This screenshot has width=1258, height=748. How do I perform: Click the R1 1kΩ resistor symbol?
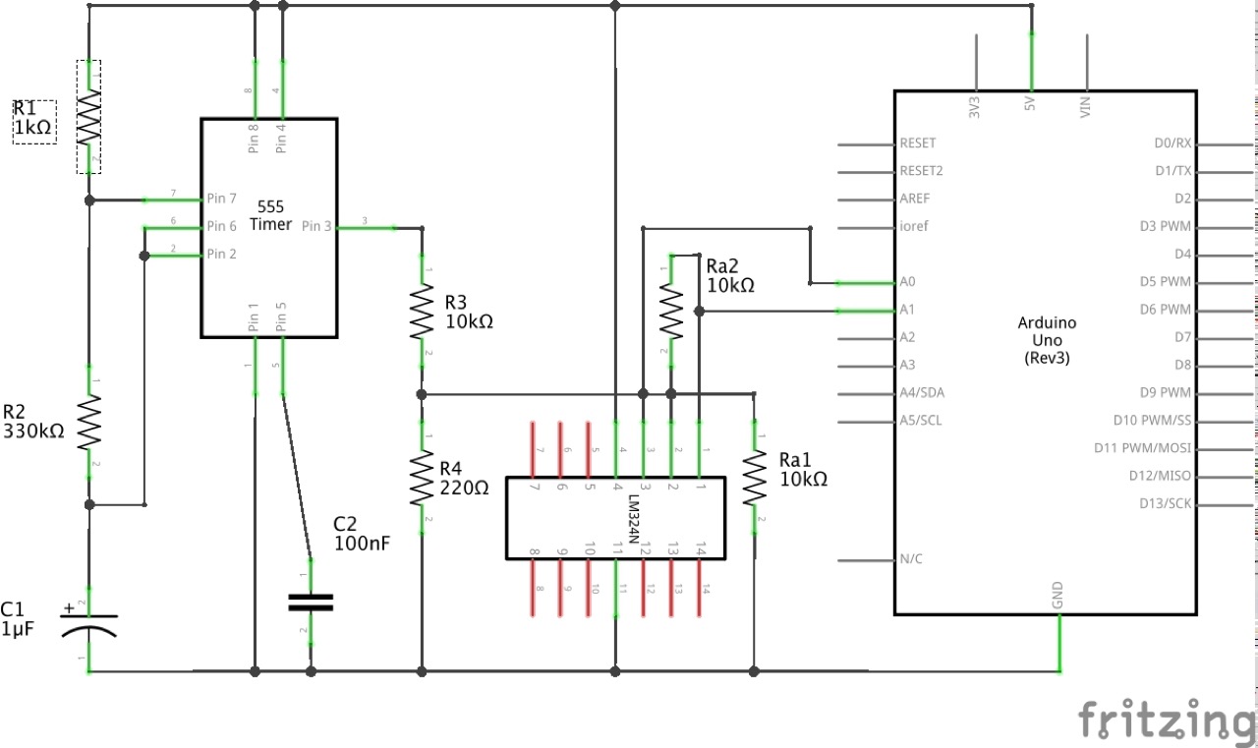89,116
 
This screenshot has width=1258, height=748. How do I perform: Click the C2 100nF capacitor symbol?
312,602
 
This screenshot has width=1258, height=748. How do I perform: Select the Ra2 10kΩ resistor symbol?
670,309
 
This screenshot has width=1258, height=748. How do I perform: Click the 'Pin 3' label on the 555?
316,226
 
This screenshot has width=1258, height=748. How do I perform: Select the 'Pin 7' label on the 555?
221,199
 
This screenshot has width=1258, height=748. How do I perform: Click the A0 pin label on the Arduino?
907,282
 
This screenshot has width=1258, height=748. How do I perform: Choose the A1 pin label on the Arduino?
907,310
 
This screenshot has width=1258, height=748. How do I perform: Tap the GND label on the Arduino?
1058,596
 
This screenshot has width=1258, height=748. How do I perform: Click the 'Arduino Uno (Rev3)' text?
1046,340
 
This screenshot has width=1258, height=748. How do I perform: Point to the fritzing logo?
1167,719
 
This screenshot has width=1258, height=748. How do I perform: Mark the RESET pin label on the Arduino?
918,144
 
